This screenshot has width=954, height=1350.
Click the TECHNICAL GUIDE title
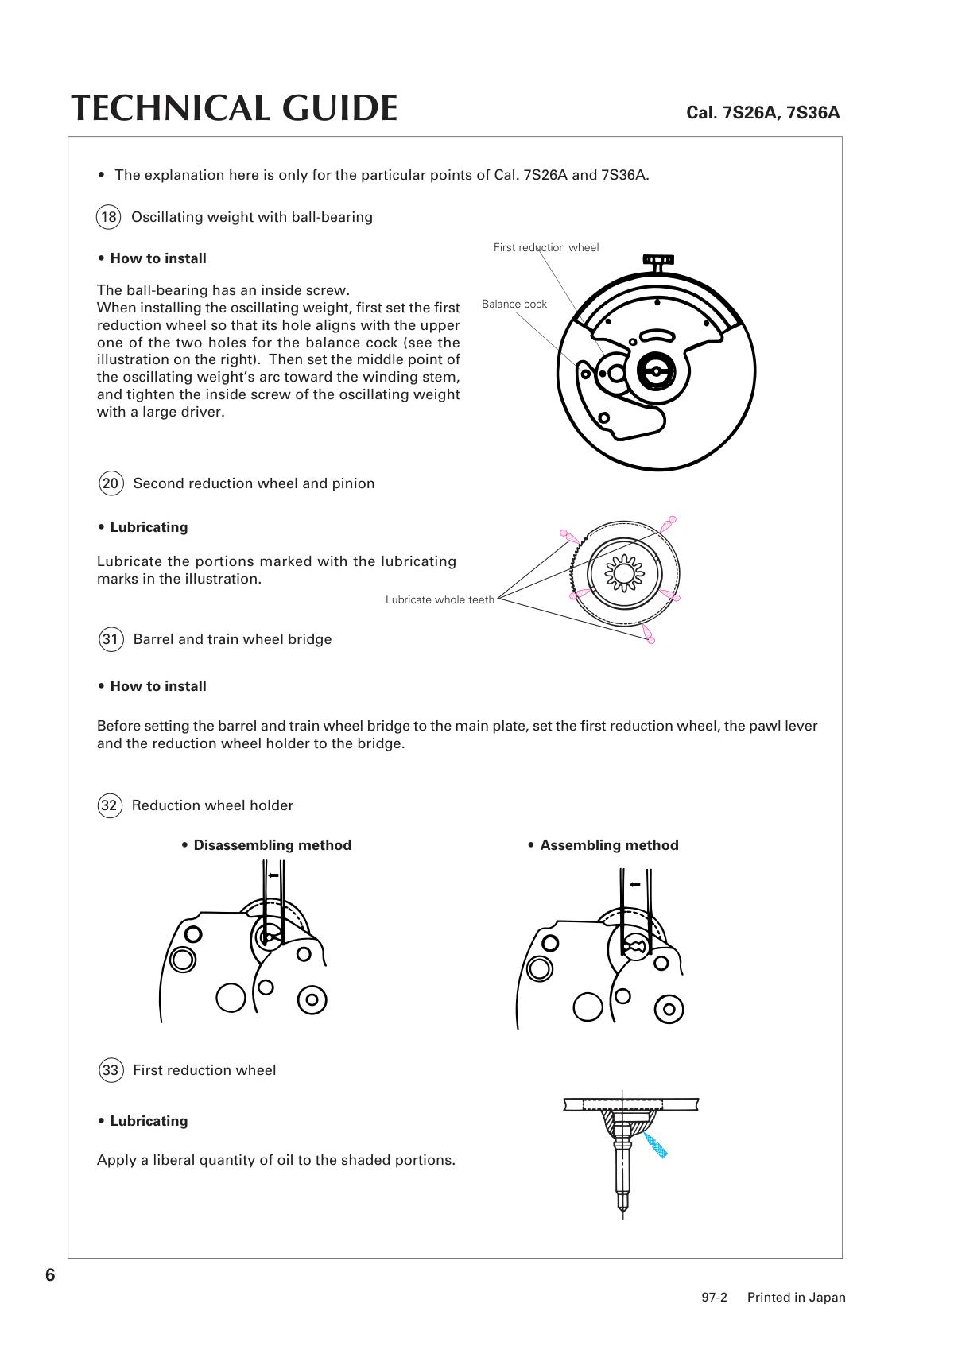[x=235, y=108]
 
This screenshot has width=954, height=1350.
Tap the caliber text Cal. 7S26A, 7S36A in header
[x=762, y=112]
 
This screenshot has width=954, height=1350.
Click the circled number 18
[x=108, y=217]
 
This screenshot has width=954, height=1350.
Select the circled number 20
[x=111, y=483]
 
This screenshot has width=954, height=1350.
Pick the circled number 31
[x=111, y=639]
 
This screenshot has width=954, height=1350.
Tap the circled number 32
[x=109, y=805]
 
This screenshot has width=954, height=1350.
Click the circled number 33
[x=110, y=1070]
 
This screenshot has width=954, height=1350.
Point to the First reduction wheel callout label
[x=545, y=247]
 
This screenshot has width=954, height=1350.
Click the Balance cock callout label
[x=514, y=304]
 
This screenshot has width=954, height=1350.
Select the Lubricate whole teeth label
[x=440, y=599]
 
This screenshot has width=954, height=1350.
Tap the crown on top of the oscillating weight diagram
[x=658, y=259]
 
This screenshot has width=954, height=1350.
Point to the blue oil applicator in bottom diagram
[x=656, y=1145]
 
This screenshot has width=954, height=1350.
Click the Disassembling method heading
[x=272, y=845]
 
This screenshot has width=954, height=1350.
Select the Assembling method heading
[x=609, y=845]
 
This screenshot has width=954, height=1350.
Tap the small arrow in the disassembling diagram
[x=273, y=875]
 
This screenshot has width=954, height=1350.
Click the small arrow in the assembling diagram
[x=634, y=884]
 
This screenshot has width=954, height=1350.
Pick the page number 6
[x=50, y=1275]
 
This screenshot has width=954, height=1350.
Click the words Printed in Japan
[x=796, y=1298]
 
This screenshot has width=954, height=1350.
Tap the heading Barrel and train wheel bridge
[x=232, y=639]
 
